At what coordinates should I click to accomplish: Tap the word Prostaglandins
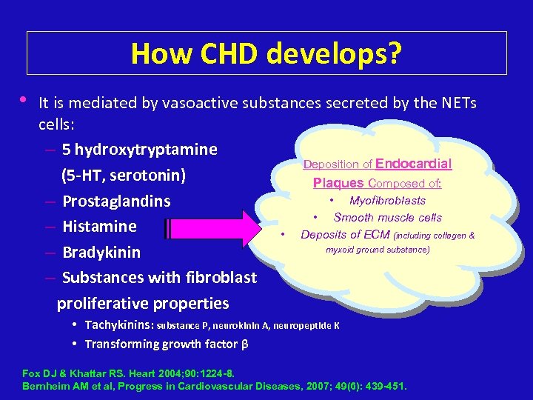pyautogui.click(x=116, y=201)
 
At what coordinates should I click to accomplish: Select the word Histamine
pyautogui.click(x=99, y=227)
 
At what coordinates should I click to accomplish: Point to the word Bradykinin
pyautogui.click(x=101, y=253)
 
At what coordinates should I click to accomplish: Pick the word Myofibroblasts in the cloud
pyautogui.click(x=387, y=201)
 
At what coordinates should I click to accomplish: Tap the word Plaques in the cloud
pyautogui.click(x=338, y=182)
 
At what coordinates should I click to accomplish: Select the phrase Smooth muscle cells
pyautogui.click(x=387, y=218)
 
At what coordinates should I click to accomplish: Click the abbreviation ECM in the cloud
pyautogui.click(x=377, y=235)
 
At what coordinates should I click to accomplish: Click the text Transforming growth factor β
pyautogui.click(x=166, y=344)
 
